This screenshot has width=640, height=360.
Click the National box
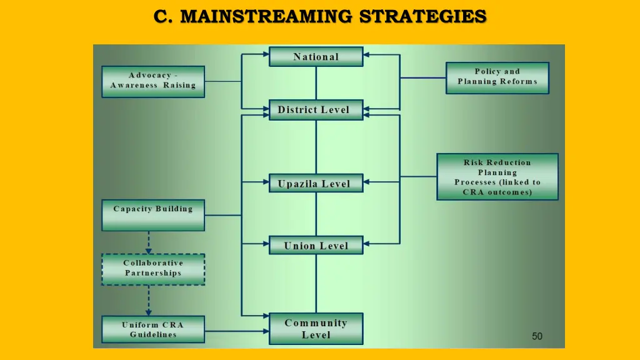pos(316,57)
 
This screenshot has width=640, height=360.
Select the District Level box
pos(316,110)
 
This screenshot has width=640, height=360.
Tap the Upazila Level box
pos(316,184)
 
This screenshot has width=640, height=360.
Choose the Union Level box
pos(316,246)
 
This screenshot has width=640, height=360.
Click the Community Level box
pos(316,329)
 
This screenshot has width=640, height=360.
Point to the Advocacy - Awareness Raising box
pos(153,81)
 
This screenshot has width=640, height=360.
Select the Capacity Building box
pos(153,215)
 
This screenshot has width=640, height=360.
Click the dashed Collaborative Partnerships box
pos(153,269)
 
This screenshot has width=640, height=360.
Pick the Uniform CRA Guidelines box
pos(153,329)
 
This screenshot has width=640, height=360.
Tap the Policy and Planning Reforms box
pos(497,77)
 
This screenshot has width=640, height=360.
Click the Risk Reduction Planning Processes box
pos(497,177)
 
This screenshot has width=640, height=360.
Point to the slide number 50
pos(537,336)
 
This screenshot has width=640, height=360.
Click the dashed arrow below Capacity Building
pos(149,242)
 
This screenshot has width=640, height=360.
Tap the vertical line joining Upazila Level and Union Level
pos(316,214)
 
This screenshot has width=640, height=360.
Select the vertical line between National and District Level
pos(316,83)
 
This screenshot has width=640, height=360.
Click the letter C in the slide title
pos(161,16)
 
